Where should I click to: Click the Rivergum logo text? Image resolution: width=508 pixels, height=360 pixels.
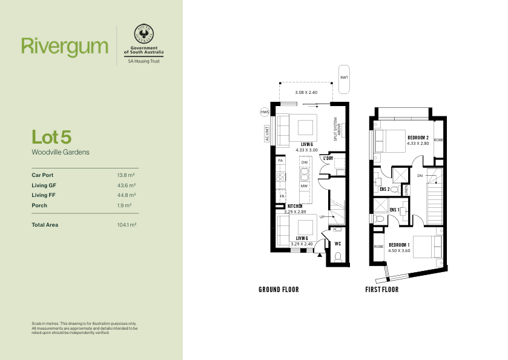(65, 47)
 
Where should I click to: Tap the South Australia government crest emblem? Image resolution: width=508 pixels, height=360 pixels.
(144, 33)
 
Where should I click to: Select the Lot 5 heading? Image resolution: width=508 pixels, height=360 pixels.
(51, 137)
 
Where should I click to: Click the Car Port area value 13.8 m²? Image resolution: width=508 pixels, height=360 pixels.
(126, 175)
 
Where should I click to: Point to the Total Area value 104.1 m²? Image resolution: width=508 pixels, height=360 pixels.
(127, 225)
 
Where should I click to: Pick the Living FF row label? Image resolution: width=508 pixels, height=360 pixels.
(44, 195)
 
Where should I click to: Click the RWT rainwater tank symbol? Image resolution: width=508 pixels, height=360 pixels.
(344, 79)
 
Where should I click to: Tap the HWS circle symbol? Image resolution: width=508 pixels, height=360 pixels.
(265, 112)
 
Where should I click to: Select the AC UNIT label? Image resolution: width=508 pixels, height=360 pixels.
(267, 133)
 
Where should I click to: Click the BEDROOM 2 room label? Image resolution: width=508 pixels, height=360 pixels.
(418, 138)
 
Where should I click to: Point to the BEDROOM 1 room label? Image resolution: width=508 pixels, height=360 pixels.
(399, 245)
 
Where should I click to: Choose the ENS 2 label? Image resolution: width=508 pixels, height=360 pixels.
(384, 189)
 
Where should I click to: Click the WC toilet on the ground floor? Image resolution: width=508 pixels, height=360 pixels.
(338, 257)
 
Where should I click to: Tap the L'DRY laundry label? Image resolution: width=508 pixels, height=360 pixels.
(328, 158)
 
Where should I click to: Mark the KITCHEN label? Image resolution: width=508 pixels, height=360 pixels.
(295, 206)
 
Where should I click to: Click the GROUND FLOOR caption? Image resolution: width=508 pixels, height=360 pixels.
(279, 290)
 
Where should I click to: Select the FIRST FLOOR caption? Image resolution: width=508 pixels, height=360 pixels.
(382, 290)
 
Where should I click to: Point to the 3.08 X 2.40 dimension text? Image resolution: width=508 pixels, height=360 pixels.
(306, 93)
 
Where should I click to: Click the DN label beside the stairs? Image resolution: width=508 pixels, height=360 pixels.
(420, 176)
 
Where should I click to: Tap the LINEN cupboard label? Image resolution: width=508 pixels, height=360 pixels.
(406, 190)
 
